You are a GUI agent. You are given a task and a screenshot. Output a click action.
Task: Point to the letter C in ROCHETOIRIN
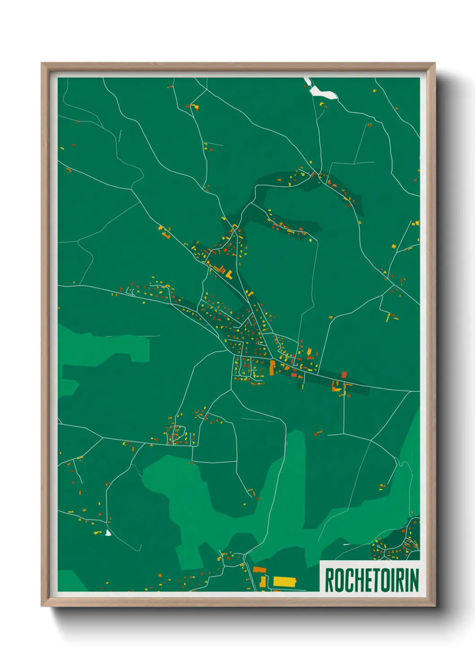[x=347, y=580]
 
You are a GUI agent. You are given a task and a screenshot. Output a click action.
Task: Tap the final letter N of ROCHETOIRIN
[x=414, y=580]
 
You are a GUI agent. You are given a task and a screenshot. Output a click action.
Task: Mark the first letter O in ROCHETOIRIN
[x=338, y=580]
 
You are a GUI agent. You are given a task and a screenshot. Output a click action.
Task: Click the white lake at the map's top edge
[x=323, y=92]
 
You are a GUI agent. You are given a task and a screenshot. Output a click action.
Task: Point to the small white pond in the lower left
[x=108, y=533]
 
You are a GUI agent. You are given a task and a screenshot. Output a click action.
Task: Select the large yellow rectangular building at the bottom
[x=285, y=582]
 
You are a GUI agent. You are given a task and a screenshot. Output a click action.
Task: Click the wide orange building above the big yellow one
[x=259, y=570]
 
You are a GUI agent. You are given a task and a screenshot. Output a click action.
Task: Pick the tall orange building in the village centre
[x=272, y=367]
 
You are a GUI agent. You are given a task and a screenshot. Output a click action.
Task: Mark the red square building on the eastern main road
[x=344, y=375]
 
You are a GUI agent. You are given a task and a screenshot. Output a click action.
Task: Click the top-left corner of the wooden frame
[x=42, y=64]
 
